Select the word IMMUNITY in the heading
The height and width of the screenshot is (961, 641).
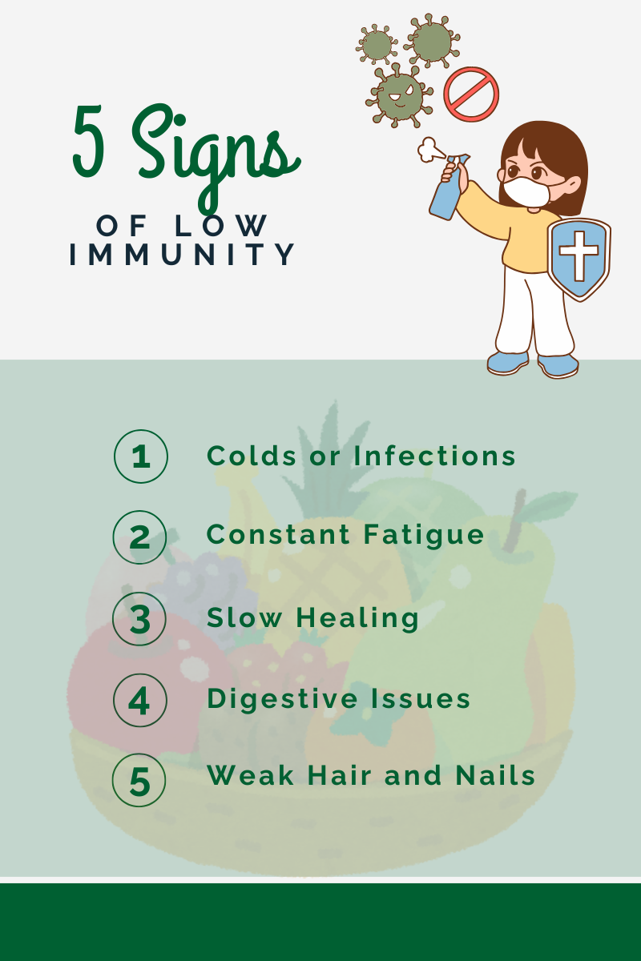[183, 255]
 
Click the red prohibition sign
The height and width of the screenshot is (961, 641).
[471, 94]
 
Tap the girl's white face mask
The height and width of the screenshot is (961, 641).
[526, 191]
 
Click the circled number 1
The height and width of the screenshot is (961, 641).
[140, 456]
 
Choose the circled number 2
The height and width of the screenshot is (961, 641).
[140, 537]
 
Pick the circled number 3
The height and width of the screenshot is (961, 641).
[140, 619]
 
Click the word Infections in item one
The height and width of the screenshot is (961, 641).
[434, 456]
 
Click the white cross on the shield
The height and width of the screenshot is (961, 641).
[579, 253]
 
